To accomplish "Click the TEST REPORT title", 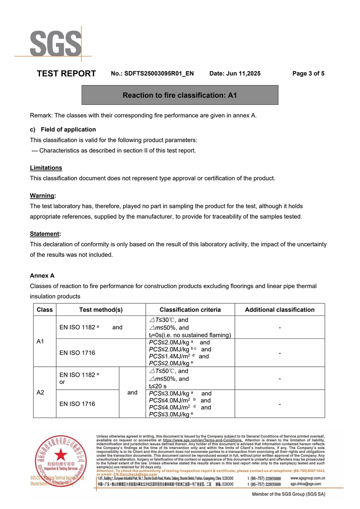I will pyautogui.click(x=66, y=73).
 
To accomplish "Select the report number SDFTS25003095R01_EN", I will pyautogui.click(x=159, y=73).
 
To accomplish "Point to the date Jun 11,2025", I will pyautogui.click(x=235, y=73).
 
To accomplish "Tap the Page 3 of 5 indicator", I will pyautogui.click(x=308, y=73).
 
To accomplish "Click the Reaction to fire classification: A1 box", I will pyautogui.click(x=180, y=95).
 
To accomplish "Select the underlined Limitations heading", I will pyautogui.click(x=46, y=168).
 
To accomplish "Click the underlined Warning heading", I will pyautogui.click(x=42, y=196).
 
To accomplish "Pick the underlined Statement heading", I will pyautogui.click(x=45, y=234).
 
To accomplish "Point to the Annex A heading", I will pyautogui.click(x=42, y=275).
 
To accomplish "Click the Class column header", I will pyautogui.click(x=45, y=310).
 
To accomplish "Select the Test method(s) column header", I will pyautogui.click(x=101, y=310).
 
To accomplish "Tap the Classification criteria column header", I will pyautogui.click(x=190, y=310).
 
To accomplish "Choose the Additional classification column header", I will pyautogui.click(x=279, y=310).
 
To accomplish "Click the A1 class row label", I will pyautogui.click(x=40, y=342).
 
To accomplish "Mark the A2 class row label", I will pyautogui.click(x=40, y=392).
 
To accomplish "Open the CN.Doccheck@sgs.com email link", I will pyautogui.click(x=135, y=474).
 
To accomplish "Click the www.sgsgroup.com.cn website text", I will pyautogui.click(x=308, y=478).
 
